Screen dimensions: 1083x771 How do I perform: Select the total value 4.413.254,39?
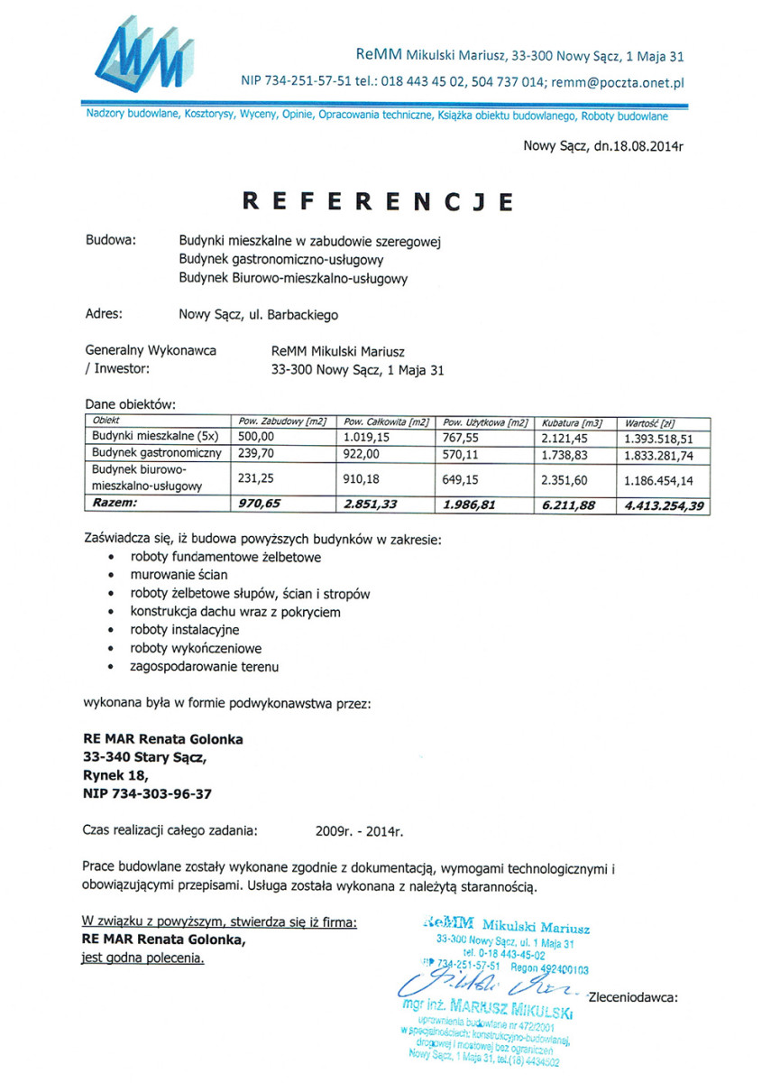click(662, 506)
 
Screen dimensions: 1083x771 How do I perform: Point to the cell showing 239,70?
click(255, 454)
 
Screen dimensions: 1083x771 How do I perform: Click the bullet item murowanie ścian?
click(179, 574)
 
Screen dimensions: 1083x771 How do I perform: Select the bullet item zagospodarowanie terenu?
click(205, 667)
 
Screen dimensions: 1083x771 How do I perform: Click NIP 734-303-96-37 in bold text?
click(147, 793)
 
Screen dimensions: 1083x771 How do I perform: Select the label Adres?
click(104, 315)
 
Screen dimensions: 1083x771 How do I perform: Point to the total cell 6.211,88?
click(568, 506)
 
